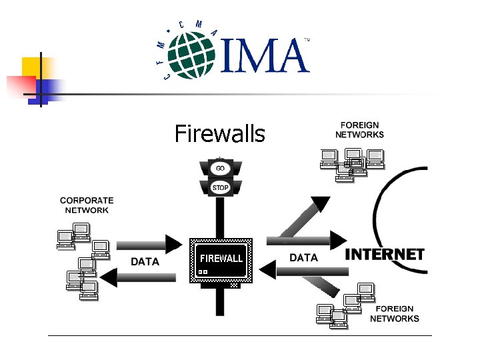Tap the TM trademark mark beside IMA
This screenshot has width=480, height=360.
[x=307, y=41]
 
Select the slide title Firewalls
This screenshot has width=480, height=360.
[x=219, y=134]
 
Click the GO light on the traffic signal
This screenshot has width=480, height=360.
[x=220, y=168]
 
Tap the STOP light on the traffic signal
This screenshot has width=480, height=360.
[x=220, y=187]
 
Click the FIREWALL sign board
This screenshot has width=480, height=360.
[x=221, y=258]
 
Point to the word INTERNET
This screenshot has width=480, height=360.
[x=385, y=255]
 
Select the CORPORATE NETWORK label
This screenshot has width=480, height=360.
[x=87, y=205]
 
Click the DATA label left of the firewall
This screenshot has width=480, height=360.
[x=145, y=262]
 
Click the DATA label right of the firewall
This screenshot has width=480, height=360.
[x=304, y=257]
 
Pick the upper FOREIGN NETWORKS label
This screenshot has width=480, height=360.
[x=359, y=129]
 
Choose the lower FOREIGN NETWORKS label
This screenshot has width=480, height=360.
[x=394, y=313]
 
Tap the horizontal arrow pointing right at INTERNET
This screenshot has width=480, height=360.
[x=307, y=240]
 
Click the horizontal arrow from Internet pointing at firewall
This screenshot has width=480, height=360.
[x=304, y=271]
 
